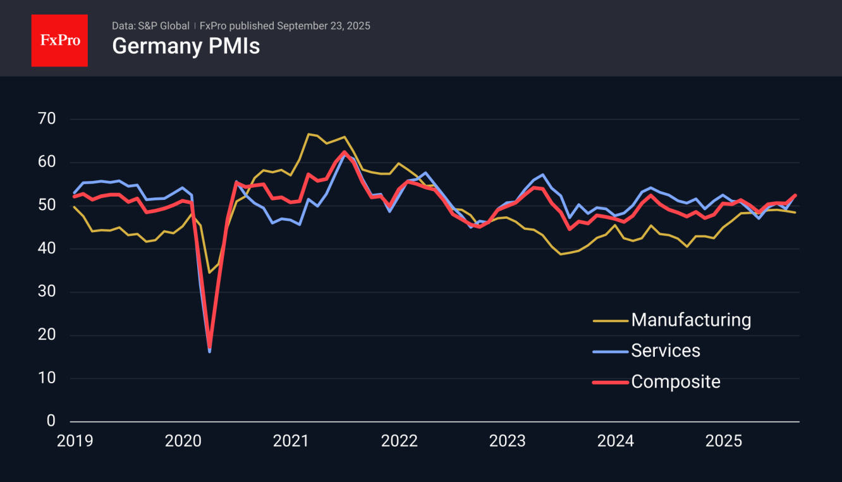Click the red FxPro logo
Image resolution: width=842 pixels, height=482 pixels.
coord(59,40)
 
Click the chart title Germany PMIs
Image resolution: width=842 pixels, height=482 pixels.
coord(186,46)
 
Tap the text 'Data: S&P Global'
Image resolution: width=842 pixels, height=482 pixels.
coord(150,26)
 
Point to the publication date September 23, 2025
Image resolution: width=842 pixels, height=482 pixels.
coord(323,26)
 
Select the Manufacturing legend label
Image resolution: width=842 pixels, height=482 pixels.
coord(691,320)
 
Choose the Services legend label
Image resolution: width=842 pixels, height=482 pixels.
coord(666,350)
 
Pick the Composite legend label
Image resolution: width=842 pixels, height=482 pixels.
coord(676,381)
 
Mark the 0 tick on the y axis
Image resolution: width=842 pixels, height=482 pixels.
coord(51,421)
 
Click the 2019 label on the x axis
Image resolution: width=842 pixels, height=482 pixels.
coord(75,441)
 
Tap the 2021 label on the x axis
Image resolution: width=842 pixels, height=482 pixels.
coord(291,441)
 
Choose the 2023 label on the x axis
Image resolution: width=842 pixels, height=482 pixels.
coord(507,441)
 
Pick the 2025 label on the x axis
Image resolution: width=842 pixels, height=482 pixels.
coord(723,441)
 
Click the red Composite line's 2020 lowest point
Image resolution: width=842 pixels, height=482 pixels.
coord(209,347)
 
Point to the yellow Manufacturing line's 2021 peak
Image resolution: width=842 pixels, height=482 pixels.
coord(308,134)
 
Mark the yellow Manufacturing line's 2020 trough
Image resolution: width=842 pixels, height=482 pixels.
coord(209,273)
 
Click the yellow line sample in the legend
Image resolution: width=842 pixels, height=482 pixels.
coord(610,321)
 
